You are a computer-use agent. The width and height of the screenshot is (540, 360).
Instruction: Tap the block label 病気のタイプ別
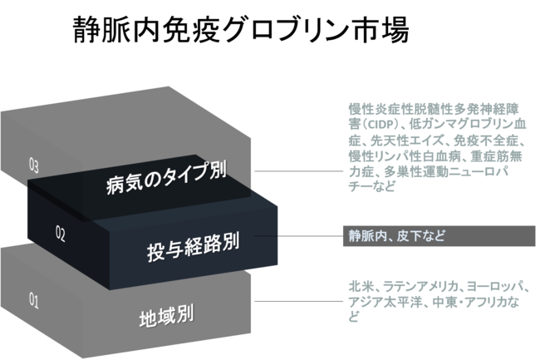pos(167,183)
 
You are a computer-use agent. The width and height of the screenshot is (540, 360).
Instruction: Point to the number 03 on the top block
pos(34,165)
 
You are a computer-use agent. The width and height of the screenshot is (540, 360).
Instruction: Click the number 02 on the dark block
pos(60,234)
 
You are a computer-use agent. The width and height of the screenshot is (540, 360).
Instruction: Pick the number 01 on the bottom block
pos(34,301)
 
